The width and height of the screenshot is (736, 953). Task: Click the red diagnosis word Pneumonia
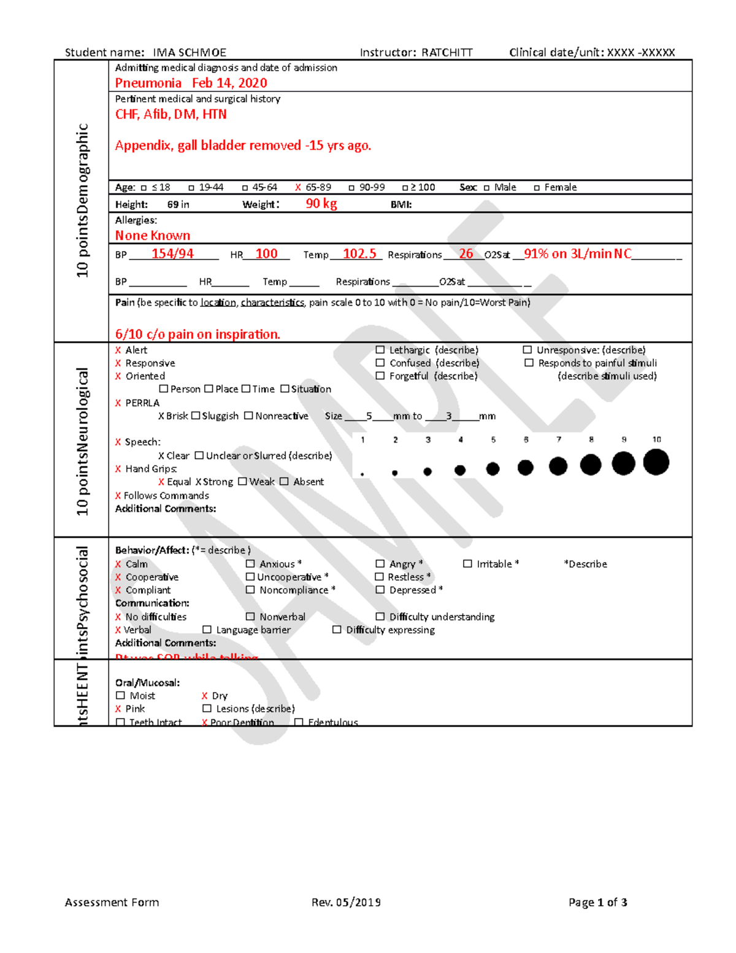tap(148, 83)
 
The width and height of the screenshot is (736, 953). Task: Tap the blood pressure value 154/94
tap(172, 253)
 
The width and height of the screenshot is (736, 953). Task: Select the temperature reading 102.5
tap(359, 253)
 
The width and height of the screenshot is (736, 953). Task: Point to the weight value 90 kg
tap(321, 203)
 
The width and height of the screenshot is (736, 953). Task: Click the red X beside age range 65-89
tap(298, 187)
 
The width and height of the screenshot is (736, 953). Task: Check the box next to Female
tap(537, 188)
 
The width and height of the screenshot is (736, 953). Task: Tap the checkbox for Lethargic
tap(380, 350)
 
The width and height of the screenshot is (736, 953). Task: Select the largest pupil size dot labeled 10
tap(656, 462)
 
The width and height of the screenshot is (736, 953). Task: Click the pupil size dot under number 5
tap(493, 469)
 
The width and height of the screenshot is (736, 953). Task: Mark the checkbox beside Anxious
tap(250, 563)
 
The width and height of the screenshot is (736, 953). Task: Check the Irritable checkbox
tap(467, 563)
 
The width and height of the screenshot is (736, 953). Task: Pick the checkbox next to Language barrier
tap(207, 630)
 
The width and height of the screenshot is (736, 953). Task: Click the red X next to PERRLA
tap(118, 403)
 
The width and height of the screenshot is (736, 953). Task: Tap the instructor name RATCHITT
tap(447, 53)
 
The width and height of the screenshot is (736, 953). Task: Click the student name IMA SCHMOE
tap(190, 53)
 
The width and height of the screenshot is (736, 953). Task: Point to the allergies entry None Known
tap(153, 235)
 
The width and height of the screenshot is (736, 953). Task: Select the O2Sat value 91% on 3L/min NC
tap(577, 253)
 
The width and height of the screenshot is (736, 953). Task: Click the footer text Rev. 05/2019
tap(346, 902)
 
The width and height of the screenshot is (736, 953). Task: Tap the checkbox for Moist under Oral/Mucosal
tap(120, 695)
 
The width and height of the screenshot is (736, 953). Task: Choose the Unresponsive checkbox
tap(527, 350)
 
